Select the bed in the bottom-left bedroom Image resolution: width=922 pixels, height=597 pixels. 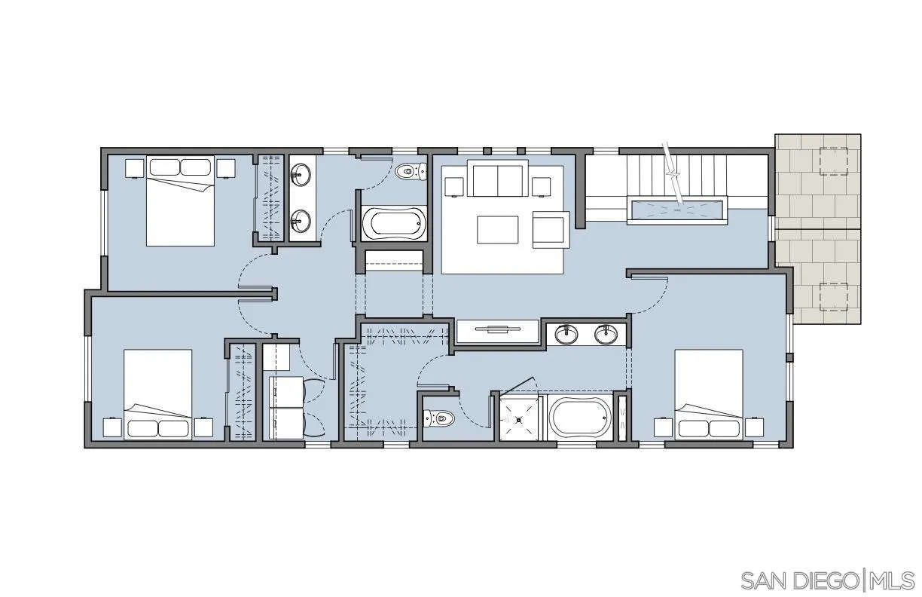click(x=157, y=393)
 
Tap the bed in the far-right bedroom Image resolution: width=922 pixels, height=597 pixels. click(x=708, y=393)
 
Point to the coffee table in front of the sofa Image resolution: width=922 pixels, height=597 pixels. click(x=497, y=230)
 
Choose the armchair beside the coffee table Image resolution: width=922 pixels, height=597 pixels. click(x=549, y=228)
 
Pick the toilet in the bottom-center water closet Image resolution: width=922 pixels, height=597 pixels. click(x=438, y=416)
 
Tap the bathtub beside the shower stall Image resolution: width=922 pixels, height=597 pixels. click(x=579, y=417)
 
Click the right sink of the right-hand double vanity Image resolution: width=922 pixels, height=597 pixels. click(x=606, y=334)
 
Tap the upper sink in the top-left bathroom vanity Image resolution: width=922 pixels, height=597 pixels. click(x=301, y=176)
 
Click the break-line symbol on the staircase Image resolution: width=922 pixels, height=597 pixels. click(x=673, y=181)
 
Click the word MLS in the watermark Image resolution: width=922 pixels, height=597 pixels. click(x=893, y=580)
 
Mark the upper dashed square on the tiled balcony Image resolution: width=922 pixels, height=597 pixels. click(x=833, y=161)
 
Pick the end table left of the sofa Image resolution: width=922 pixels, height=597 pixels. click(x=453, y=186)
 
